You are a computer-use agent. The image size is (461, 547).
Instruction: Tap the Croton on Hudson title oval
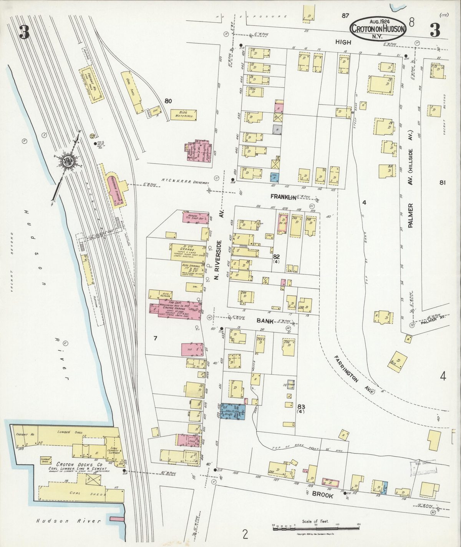pos(377,28)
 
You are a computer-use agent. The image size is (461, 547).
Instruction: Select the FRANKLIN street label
pos(284,197)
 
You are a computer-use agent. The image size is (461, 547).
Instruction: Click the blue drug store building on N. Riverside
pos(233,412)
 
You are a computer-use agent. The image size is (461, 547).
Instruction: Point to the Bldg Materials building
pos(184,115)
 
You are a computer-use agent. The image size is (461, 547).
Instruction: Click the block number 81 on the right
pos(442,183)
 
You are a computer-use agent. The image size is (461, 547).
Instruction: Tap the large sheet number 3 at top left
pos(24,32)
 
